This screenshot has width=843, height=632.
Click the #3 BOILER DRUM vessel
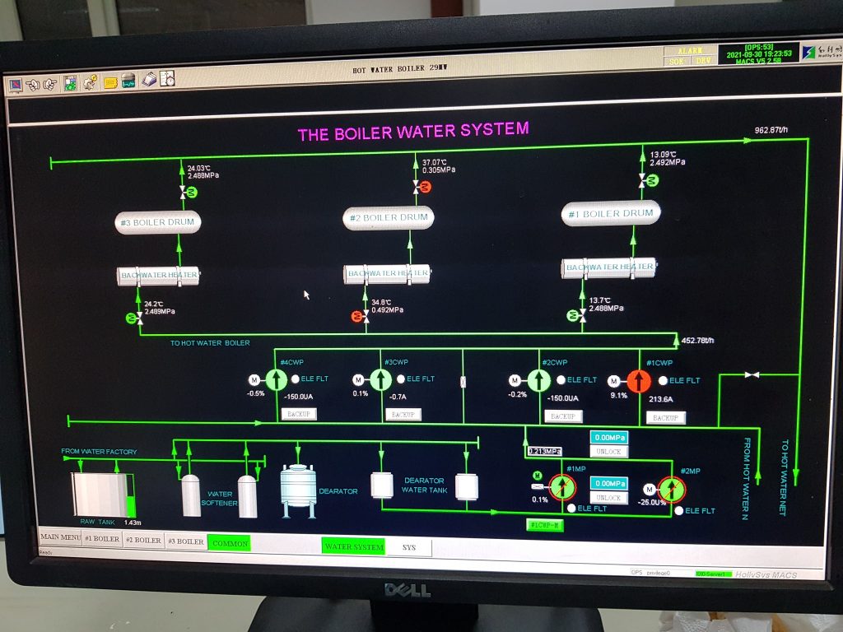pos(158,222)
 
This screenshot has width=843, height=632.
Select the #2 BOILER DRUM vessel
pos(389,218)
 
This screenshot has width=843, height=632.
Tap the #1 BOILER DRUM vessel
pos(612,213)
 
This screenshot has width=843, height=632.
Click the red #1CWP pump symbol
pos(639,381)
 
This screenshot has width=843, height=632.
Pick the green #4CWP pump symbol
pos(277,380)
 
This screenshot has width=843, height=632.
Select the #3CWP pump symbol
pos(380,379)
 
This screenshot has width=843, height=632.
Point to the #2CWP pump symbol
pos(538,380)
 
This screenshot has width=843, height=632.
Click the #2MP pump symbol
pos(672,489)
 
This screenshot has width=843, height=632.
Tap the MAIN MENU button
pos(60,540)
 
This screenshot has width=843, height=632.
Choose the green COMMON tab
pos(229,542)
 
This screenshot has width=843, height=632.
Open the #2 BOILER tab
pos(143,541)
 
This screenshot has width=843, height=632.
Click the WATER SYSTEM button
pos(354,546)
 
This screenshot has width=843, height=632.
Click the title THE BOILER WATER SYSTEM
pos(413,132)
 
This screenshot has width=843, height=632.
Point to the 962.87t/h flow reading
pos(771,130)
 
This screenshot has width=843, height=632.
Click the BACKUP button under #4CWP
pos(298,415)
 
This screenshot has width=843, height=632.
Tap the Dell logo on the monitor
pos(407,590)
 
